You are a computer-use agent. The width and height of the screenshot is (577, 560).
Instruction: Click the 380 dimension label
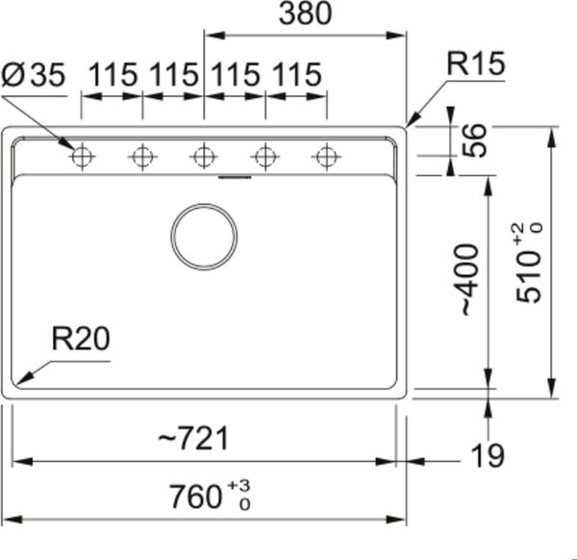(306, 13)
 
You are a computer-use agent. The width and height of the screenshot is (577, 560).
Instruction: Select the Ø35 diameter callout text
(33, 75)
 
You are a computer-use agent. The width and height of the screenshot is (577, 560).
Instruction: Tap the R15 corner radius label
(475, 64)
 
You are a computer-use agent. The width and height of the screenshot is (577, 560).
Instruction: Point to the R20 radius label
(81, 339)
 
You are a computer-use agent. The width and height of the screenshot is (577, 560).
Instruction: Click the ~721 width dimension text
(193, 438)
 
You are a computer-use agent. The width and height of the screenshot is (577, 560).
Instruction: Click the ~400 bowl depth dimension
(470, 280)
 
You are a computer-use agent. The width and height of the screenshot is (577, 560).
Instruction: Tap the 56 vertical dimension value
(473, 140)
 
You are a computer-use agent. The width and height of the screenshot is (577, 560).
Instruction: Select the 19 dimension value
(488, 456)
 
